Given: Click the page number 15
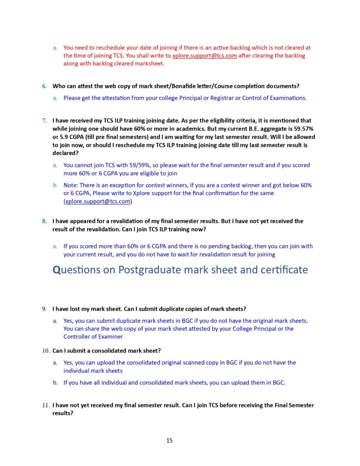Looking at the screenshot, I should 169,440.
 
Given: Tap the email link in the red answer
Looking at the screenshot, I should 204,56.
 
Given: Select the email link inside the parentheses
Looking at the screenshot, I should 98,201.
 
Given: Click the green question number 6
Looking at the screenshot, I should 44,86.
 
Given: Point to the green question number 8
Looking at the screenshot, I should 44,221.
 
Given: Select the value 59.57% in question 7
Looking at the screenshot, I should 298,129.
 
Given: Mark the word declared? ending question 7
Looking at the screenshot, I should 66,153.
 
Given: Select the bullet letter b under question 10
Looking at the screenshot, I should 55,383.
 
